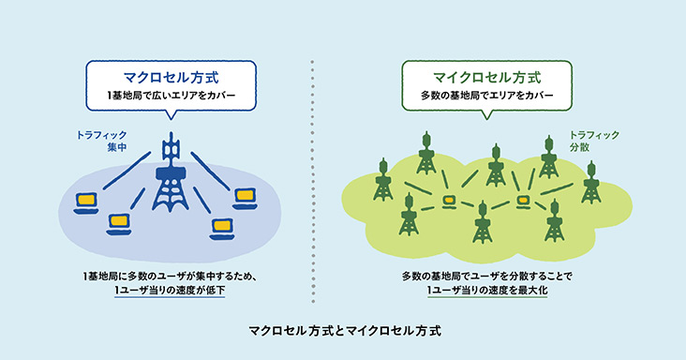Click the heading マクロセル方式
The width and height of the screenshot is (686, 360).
pos(171,75)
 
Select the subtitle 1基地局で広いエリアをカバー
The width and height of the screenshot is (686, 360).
pos(171,96)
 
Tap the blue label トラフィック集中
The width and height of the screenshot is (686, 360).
pos(101,142)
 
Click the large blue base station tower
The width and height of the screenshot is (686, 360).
pos(171,183)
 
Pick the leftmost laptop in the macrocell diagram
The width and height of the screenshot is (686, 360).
pos(87,201)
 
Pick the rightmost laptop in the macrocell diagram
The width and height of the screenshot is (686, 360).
pos(245,195)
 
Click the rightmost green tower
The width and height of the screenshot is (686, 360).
pos(590,182)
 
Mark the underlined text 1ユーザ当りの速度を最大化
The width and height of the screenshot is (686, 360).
pos(486,292)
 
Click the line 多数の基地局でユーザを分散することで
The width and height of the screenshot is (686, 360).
pos(486,276)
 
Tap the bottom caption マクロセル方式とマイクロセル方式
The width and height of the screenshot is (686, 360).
pos(343,331)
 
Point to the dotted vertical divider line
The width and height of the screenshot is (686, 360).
pos(311,187)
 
